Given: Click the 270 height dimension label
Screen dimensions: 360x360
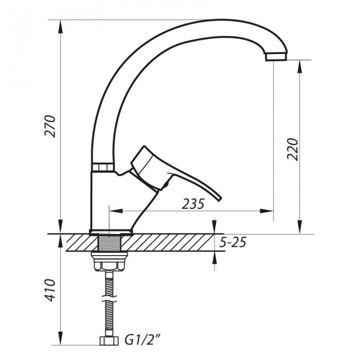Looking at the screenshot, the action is [50, 126].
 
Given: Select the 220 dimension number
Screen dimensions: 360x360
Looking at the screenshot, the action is [293, 150].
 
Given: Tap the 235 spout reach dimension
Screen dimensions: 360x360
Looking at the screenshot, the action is [193, 204].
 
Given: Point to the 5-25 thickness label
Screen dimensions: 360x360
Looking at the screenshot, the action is [232, 242].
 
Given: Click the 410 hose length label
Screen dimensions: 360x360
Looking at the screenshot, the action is [50, 290].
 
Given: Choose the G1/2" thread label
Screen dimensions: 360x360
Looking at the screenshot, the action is [142, 340].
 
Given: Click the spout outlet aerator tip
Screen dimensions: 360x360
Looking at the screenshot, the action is [276, 57].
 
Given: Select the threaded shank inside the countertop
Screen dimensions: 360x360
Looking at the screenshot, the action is [109, 242].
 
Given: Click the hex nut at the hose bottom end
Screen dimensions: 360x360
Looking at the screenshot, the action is [109, 341].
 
